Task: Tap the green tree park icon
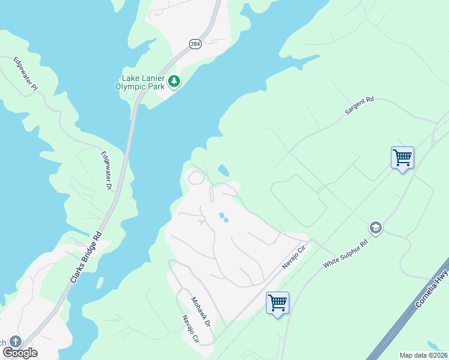coord(174,80)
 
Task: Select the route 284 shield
coord(195,44)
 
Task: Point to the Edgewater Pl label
coord(26,74)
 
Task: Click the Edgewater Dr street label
coord(107,171)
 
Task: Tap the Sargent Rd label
coord(359,106)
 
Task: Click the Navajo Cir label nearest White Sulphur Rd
coord(295,257)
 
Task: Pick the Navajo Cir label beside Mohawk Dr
coord(191,329)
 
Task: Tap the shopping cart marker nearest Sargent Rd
coord(402,158)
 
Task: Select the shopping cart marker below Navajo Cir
coord(277,303)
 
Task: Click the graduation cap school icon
coord(376,227)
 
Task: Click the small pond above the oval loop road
coord(223,170)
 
